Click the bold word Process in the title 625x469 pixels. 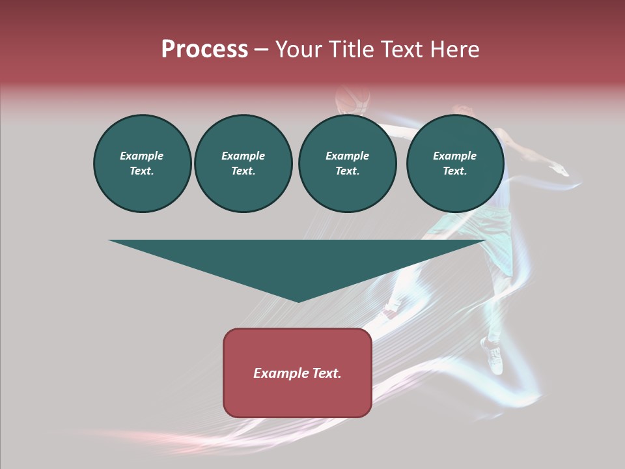click(x=204, y=50)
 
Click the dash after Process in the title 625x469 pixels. click(x=261, y=51)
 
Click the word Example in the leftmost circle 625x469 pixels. click(x=142, y=156)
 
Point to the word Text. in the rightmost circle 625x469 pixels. click(x=455, y=171)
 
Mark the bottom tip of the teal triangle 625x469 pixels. click(x=298, y=300)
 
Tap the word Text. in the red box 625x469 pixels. click(x=327, y=373)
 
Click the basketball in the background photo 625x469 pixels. click(x=352, y=99)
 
